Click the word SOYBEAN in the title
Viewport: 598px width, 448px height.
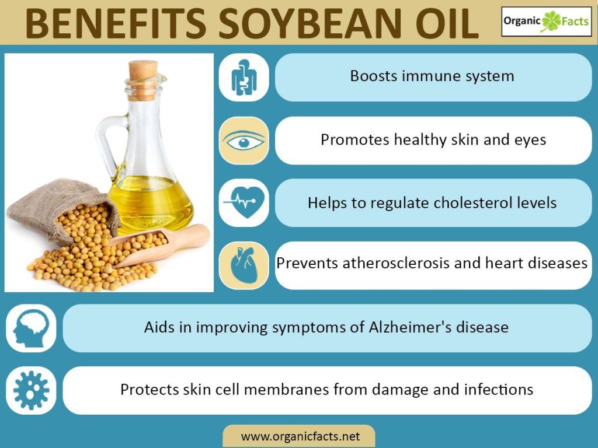tap(310, 23)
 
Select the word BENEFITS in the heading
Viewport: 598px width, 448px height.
tap(116, 23)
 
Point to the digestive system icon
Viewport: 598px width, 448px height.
tap(244, 78)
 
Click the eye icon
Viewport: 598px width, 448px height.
tap(244, 142)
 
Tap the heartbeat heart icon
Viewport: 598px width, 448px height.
tap(244, 202)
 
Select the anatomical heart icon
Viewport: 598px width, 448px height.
tap(244, 265)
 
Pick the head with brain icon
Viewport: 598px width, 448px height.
tap(32, 328)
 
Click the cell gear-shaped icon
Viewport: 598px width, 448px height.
tap(32, 390)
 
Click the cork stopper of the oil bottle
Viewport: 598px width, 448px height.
tap(142, 79)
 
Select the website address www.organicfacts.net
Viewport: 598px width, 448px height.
tap(301, 436)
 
